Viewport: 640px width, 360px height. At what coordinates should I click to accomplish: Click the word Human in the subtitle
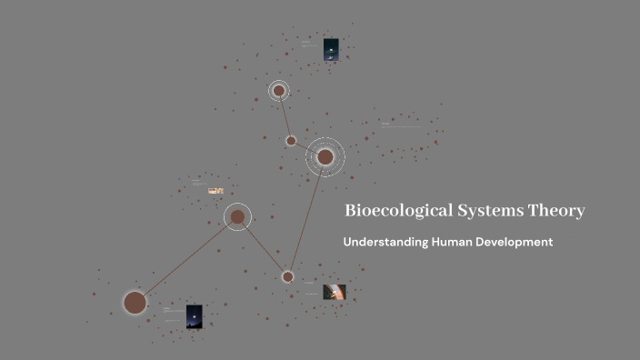point(455,243)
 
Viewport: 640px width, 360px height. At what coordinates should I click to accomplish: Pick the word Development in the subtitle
point(516,243)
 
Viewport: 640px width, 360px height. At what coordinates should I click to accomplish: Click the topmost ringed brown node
point(279,91)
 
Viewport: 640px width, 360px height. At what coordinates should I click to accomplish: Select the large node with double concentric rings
point(325,157)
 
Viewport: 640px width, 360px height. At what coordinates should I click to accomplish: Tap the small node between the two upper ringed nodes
point(291,140)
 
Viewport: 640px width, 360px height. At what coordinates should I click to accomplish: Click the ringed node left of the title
point(237,216)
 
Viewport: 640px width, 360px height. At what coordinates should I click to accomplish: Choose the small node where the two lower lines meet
point(287,276)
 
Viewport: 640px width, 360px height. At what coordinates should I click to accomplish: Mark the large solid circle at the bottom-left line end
point(135,303)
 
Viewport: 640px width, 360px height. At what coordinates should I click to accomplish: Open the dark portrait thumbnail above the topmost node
point(331,50)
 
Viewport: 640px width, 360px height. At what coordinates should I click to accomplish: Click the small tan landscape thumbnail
point(215,191)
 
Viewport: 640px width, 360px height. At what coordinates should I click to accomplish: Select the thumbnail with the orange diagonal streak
point(335,292)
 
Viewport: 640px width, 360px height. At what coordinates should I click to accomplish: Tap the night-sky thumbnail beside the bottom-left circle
point(195,317)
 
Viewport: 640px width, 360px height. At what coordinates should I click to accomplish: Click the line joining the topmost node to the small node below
point(285,115)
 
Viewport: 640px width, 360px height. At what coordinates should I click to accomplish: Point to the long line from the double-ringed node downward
point(307,215)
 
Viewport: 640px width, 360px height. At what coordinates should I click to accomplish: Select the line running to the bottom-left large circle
point(186,259)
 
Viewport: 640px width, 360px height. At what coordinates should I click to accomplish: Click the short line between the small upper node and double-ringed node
point(305,147)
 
